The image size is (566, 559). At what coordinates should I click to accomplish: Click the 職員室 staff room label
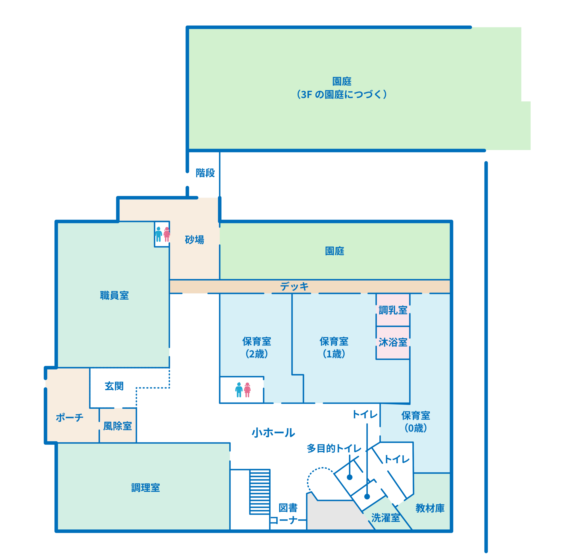[114, 295]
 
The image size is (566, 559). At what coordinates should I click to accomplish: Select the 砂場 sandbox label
[194, 240]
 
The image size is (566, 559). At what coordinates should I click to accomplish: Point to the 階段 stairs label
[205, 173]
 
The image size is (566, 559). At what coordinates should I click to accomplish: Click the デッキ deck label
[294, 286]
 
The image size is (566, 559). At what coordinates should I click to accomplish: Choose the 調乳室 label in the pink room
[393, 310]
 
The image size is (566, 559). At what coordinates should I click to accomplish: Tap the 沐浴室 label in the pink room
[393, 342]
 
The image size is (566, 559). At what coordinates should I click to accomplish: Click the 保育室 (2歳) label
[257, 348]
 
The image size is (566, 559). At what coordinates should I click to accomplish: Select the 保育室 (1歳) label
[334, 348]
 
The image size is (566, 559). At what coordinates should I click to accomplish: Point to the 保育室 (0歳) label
[416, 422]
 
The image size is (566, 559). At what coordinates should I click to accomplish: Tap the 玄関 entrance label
[114, 386]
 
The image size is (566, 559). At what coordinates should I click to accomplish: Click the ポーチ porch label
[70, 417]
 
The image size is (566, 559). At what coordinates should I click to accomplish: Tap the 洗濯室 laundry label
[386, 518]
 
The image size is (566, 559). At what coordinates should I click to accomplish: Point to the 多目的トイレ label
[334, 448]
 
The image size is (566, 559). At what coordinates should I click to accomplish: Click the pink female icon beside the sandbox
[167, 234]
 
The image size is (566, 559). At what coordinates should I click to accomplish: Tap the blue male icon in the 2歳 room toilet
[239, 390]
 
